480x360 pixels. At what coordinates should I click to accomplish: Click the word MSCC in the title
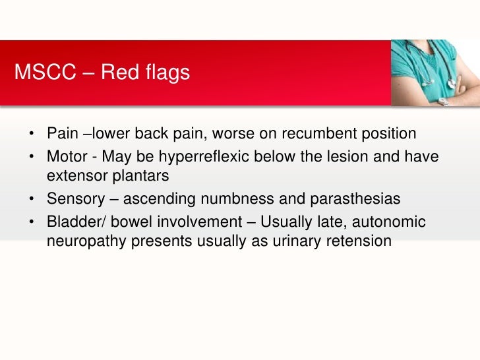pyautogui.click(x=45, y=72)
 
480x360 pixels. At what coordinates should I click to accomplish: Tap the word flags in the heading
pyautogui.click(x=167, y=73)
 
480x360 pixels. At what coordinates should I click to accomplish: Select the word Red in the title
pyautogui.click(x=121, y=72)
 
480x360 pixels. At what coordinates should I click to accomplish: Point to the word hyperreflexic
pyautogui.click(x=204, y=157)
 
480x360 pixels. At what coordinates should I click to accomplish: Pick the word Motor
pyautogui.click(x=67, y=156)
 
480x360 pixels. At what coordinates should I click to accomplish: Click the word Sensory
pyautogui.click(x=76, y=199)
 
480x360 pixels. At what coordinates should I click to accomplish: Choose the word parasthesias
pyautogui.click(x=355, y=199)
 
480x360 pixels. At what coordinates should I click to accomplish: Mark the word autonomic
pyautogui.click(x=389, y=222)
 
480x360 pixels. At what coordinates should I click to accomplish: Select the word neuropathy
pyautogui.click(x=86, y=241)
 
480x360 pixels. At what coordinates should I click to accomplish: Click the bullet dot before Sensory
pyautogui.click(x=32, y=199)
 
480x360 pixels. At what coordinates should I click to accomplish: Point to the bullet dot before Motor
pyautogui.click(x=32, y=157)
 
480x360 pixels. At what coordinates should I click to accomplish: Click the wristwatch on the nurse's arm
pyautogui.click(x=444, y=102)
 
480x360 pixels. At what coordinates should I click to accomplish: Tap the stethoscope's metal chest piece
pyautogui.click(x=452, y=83)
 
